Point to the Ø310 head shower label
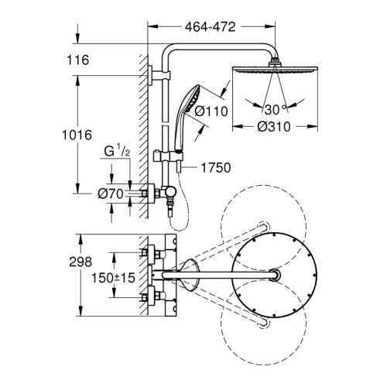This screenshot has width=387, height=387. pyautogui.click(x=275, y=128)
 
